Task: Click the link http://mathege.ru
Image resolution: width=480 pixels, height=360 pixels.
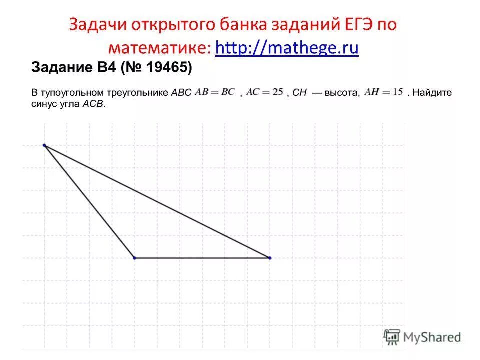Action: [x=287, y=48]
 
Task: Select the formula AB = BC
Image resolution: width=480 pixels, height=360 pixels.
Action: [x=215, y=92]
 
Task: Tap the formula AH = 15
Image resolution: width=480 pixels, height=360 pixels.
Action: [x=384, y=92]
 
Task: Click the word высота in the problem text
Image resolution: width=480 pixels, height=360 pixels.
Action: [x=341, y=93]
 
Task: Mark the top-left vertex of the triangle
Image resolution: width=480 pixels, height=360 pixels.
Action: [x=44, y=145]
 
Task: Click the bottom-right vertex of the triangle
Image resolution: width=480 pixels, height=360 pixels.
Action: [x=269, y=258]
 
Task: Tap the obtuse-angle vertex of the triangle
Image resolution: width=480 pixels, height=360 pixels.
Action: [x=134, y=258]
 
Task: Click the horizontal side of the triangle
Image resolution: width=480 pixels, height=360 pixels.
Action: [x=202, y=258]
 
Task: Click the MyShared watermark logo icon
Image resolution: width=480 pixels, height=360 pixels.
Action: [x=392, y=337]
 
